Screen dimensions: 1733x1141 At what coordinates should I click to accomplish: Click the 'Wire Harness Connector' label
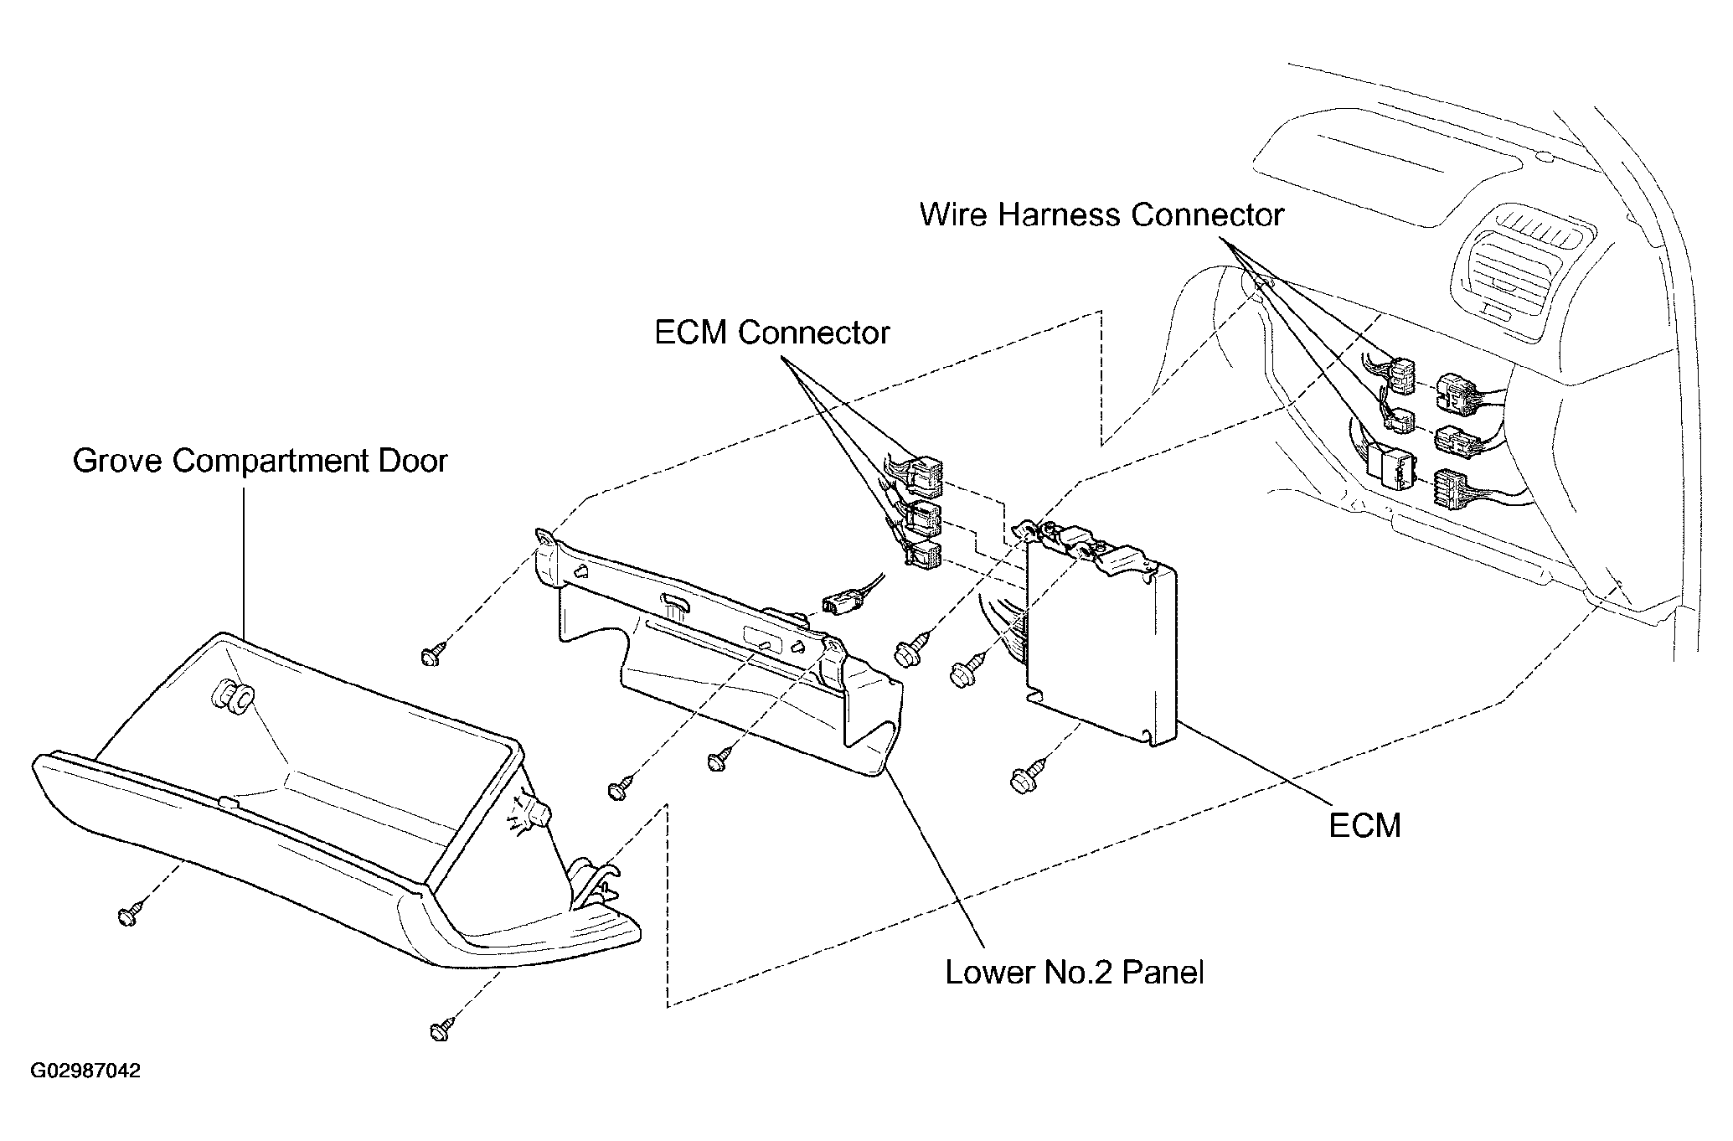pyautogui.click(x=1101, y=215)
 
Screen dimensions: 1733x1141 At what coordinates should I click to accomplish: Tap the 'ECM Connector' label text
pyautogui.click(x=771, y=333)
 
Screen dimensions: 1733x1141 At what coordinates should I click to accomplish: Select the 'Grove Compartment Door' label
pyautogui.click(x=260, y=461)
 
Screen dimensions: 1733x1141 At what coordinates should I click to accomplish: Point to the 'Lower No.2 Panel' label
pyautogui.click(x=1075, y=972)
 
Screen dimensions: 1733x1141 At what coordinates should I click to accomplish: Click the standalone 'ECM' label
pyautogui.click(x=1364, y=826)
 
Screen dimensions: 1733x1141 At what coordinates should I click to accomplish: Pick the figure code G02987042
pyautogui.click(x=86, y=1071)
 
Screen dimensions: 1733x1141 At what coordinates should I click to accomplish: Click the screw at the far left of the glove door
pyautogui.click(x=129, y=916)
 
